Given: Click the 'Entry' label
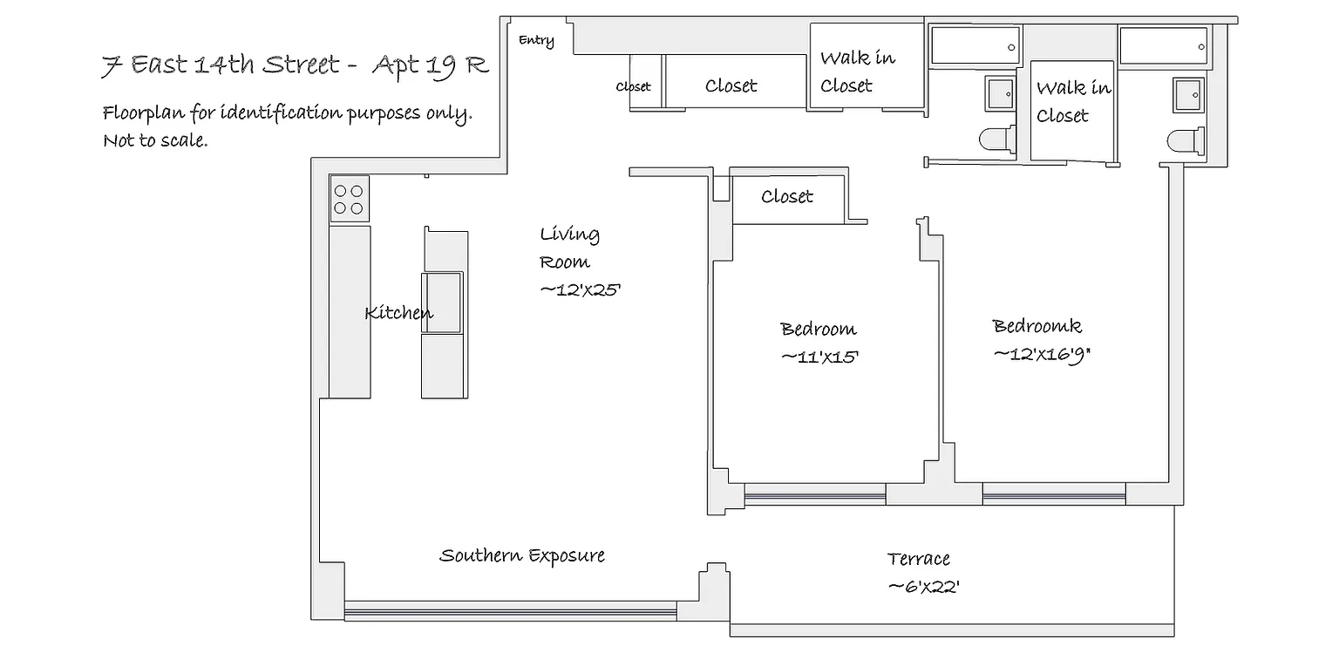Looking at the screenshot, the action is [536, 40].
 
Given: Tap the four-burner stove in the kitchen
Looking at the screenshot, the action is [349, 199].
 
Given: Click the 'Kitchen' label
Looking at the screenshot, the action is [398, 312].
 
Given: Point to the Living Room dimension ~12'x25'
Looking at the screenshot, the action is [580, 290].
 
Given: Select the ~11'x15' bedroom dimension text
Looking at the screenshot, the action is [819, 357].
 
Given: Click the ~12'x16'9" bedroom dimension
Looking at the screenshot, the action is [1042, 355].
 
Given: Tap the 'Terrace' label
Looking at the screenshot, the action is [918, 559].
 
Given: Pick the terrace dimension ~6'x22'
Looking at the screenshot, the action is [924, 587].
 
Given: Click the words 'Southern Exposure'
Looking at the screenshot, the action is [522, 555].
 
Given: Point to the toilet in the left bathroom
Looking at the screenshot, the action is [997, 139].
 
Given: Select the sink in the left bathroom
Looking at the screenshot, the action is [1000, 94].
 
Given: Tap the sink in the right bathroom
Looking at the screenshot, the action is [1188, 94].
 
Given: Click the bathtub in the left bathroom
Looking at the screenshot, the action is [975, 44].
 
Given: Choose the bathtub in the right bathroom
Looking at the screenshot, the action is [1163, 45].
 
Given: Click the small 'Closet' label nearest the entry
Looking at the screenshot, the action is [633, 86].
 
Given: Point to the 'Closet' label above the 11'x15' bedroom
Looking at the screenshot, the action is [786, 196].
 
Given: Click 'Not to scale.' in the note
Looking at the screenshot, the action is [155, 140].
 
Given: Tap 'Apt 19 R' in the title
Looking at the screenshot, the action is [431, 65].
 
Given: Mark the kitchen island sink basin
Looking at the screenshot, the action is [443, 303].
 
